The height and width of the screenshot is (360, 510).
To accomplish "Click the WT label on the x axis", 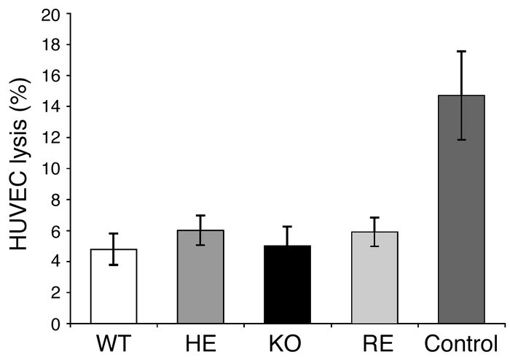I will point(114,343).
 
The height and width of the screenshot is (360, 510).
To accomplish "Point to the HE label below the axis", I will point(201,343).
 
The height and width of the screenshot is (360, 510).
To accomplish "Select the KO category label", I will point(288,343).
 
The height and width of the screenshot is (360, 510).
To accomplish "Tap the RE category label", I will point(374,343).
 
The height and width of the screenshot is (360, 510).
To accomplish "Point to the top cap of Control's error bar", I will point(461,51).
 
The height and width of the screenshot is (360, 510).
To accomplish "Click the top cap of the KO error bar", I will point(288,227).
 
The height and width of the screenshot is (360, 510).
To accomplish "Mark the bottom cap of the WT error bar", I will point(114,265).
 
